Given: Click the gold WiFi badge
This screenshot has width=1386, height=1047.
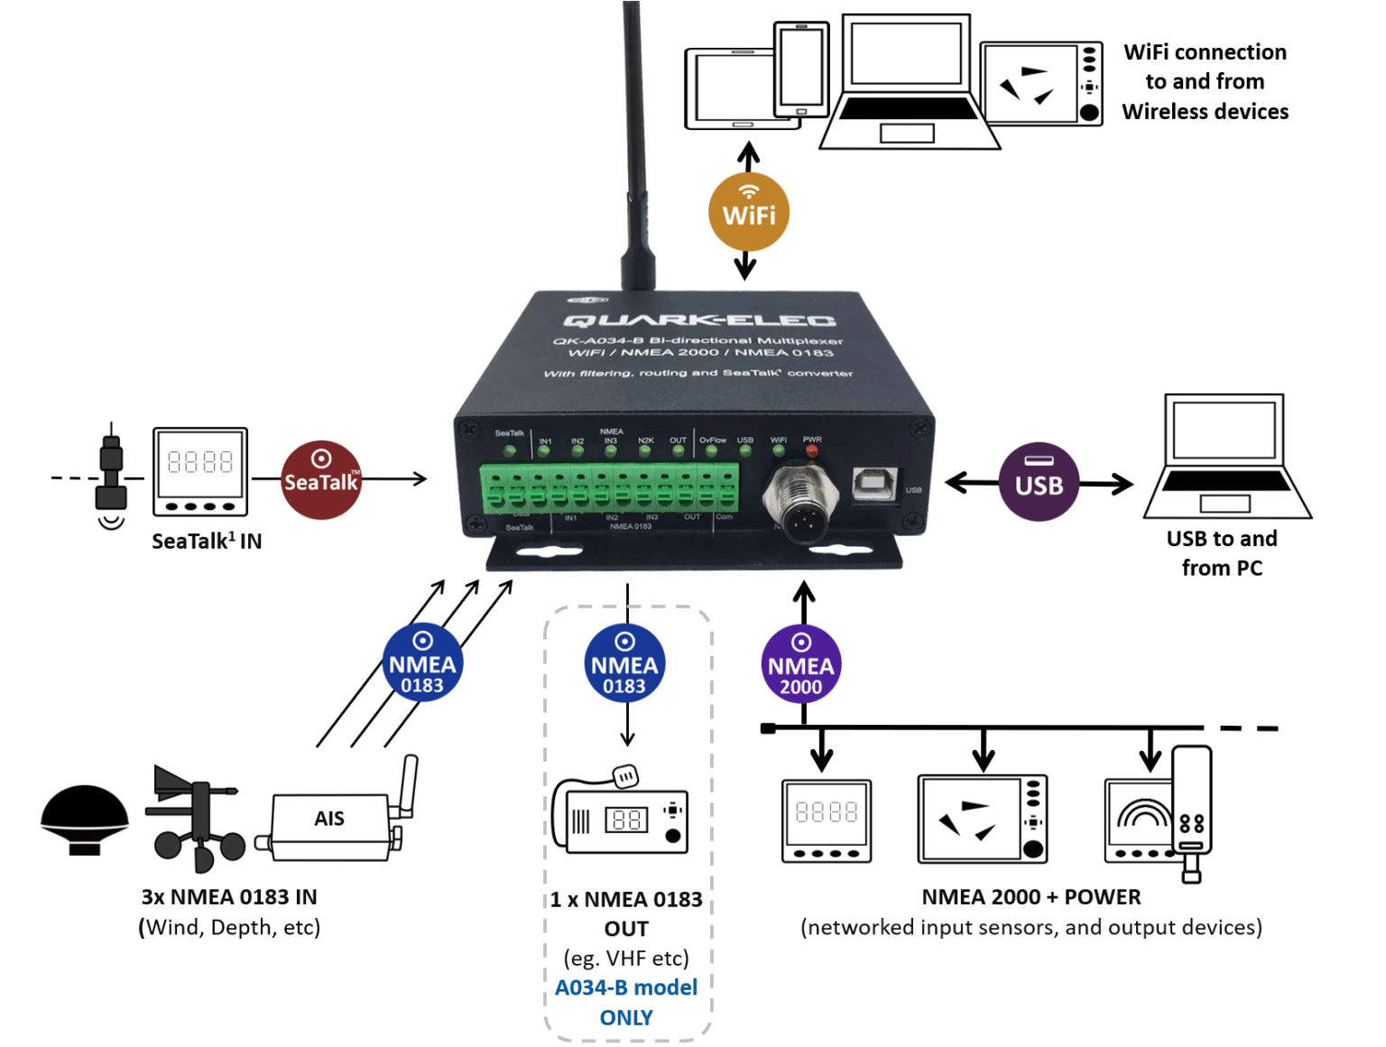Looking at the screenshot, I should point(748,212).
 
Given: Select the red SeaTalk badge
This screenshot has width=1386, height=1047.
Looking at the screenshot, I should point(321,480).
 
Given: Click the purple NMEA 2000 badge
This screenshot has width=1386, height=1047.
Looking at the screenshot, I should point(801,664).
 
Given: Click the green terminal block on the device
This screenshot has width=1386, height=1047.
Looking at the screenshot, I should point(610,487).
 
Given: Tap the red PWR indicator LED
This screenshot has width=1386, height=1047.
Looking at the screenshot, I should point(812,449).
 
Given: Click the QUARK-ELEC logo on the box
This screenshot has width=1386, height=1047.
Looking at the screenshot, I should point(699,320).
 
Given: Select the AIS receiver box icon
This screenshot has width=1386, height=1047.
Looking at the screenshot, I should point(329,819).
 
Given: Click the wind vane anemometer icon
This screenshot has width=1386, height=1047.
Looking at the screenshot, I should point(194,817).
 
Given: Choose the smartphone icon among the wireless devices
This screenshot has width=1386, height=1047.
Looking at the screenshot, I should point(801,69).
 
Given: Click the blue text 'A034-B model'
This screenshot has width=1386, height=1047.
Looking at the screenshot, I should point(626,987).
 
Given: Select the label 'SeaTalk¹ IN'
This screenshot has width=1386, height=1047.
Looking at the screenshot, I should point(207,542).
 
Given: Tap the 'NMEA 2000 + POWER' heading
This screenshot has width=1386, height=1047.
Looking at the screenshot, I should point(1030,897).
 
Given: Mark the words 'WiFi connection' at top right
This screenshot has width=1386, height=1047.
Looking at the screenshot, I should point(1205,52).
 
